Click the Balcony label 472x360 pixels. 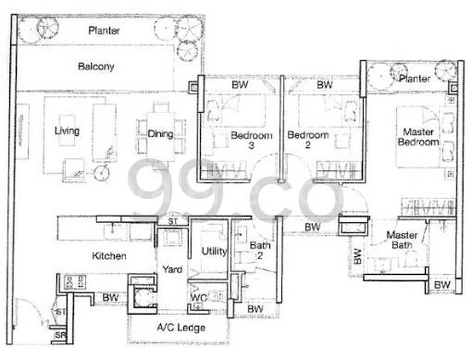[96, 67]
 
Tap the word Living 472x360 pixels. [67, 130]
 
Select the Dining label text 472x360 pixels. [160, 134]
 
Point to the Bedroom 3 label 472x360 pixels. [252, 140]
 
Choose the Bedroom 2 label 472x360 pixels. [307, 140]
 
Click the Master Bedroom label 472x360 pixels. [420, 137]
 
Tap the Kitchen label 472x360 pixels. [109, 256]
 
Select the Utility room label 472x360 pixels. [214, 251]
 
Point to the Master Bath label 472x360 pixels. [402, 241]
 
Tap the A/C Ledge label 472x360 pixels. [181, 328]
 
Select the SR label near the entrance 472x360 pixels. [60, 335]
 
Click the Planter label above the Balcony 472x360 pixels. [103, 30]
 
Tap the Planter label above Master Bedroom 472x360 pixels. [414, 79]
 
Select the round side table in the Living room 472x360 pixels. [102, 174]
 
